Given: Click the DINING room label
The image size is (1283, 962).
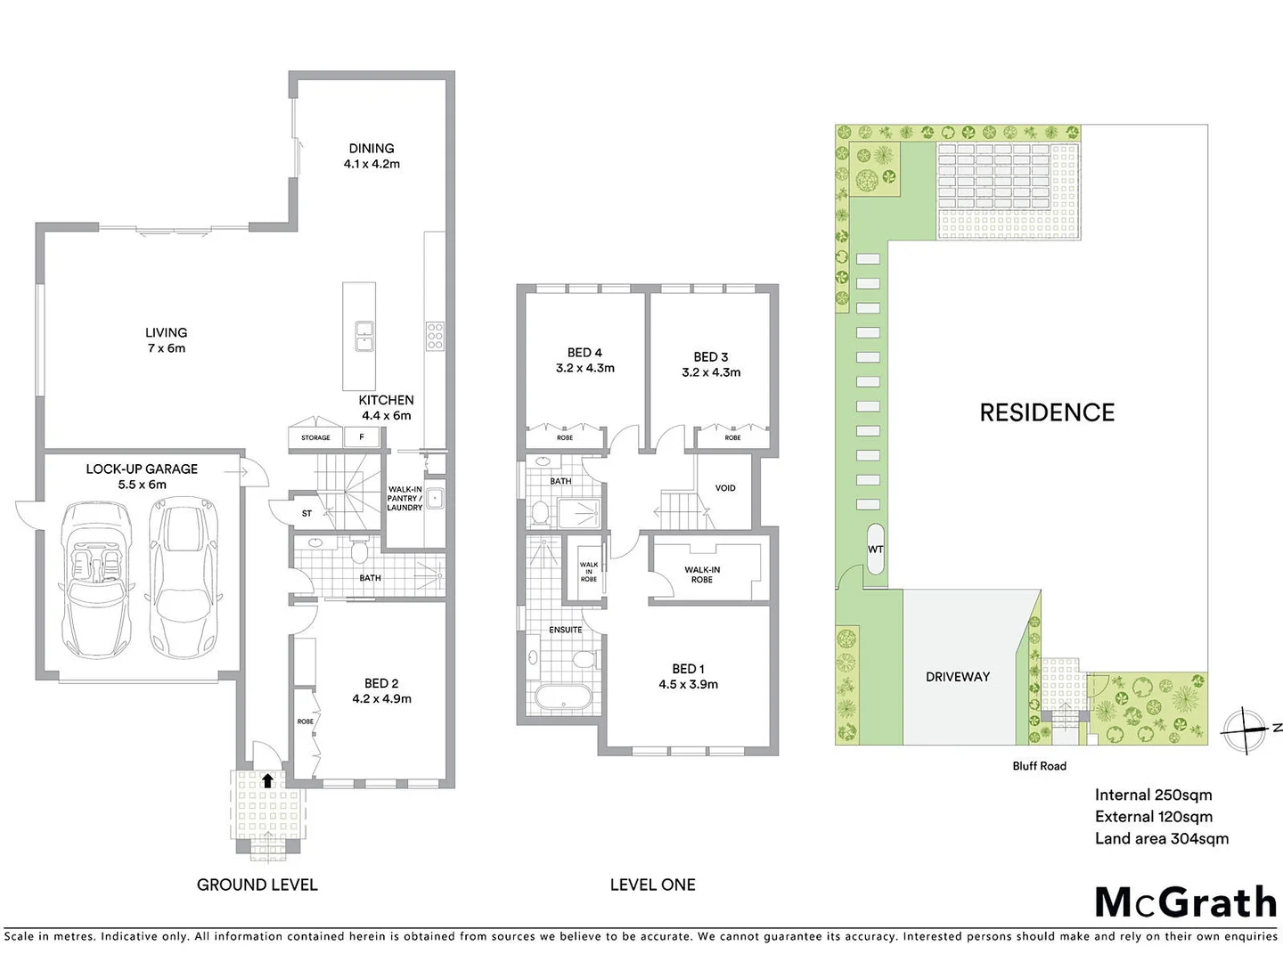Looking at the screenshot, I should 372,149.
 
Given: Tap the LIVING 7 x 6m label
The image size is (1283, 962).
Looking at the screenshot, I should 167,340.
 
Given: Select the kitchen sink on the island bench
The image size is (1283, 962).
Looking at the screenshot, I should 364,337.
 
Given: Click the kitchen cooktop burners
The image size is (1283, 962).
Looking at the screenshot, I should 435,335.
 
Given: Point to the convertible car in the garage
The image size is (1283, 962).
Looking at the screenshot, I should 96,580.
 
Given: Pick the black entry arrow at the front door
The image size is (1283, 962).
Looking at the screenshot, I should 268,781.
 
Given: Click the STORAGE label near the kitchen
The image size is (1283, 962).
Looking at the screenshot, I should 315,437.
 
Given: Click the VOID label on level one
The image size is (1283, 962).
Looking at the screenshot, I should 725,488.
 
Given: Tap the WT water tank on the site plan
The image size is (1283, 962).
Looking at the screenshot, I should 876,550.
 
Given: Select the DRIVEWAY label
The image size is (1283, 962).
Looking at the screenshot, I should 958,677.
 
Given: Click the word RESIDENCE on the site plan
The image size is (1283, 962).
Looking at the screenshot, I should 1047,412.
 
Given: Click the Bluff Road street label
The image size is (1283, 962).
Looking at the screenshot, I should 1039,766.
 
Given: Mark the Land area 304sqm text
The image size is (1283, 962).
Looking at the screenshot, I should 1162,838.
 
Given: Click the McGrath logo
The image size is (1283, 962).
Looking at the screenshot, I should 1186,902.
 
